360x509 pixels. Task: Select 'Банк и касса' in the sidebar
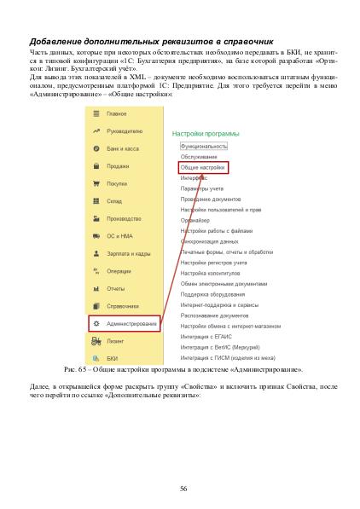(x=123, y=148)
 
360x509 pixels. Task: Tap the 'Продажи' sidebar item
(x=118, y=166)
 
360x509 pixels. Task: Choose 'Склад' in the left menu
(x=114, y=201)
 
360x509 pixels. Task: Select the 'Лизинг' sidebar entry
(x=116, y=341)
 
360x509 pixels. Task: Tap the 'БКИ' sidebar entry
(x=113, y=359)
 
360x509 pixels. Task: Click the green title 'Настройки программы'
(x=206, y=134)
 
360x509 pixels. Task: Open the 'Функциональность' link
(x=204, y=147)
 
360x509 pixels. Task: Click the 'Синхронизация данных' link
(x=209, y=241)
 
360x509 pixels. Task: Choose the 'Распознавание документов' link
(x=214, y=315)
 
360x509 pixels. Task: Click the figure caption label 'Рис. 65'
(x=76, y=371)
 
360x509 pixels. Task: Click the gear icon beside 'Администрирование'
(x=96, y=324)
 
